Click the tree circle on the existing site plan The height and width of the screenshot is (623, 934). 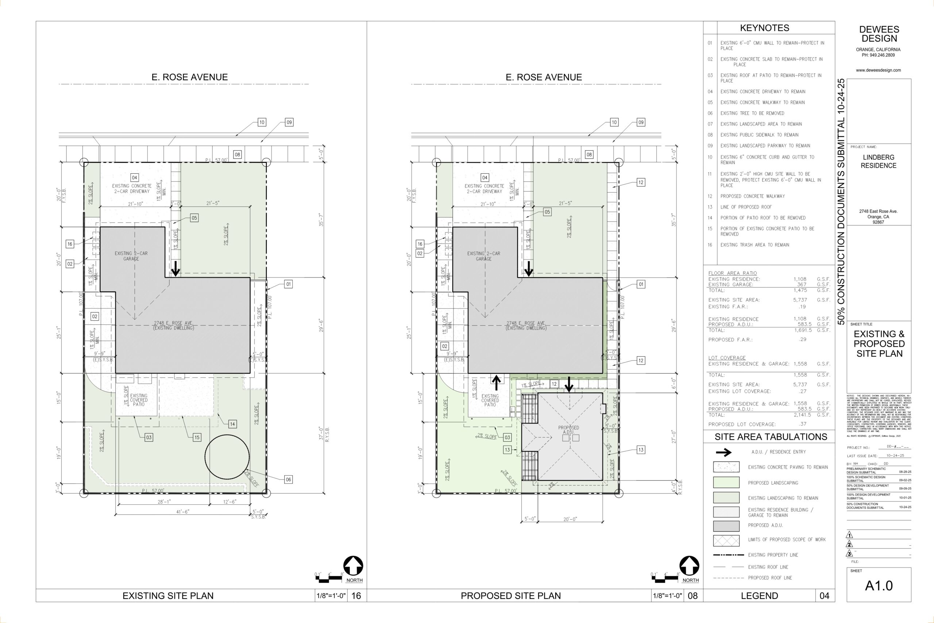coord(227,457)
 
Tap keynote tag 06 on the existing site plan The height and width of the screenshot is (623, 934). coord(289,480)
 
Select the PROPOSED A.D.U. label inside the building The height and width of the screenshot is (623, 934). coord(569,430)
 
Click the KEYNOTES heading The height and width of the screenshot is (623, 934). coord(764,28)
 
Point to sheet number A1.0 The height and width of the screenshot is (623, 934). coord(879,586)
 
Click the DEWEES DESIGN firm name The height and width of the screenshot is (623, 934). coord(879,34)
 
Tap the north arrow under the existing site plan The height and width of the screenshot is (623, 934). coord(353,566)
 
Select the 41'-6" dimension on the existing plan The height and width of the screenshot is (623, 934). coord(183,512)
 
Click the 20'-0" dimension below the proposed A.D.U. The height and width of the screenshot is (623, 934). coord(570,519)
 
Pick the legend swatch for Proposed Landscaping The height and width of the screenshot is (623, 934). coord(726,482)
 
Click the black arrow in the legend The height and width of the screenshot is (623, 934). coord(723,452)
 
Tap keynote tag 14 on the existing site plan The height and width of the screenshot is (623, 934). coord(232,424)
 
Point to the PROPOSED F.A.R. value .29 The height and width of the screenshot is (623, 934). coord(802,339)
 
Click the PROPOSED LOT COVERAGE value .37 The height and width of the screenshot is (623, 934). coord(802,424)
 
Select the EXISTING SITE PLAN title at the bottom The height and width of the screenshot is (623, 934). coord(168,596)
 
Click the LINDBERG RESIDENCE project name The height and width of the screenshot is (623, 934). coord(879,161)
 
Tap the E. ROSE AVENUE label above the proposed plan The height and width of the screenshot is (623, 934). coord(544,77)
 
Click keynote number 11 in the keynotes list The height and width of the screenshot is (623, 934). coord(710,174)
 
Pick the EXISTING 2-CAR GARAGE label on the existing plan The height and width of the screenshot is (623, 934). coord(131,256)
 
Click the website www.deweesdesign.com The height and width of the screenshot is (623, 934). coord(879,70)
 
